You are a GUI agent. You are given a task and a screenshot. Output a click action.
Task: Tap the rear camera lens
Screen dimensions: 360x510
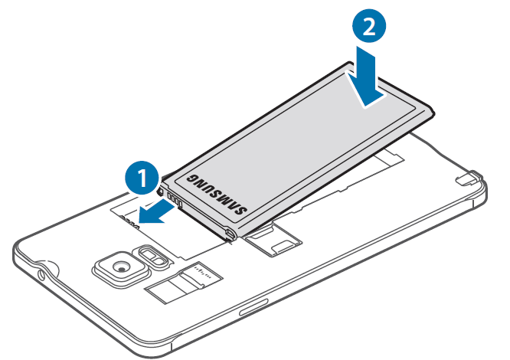[x=122, y=266]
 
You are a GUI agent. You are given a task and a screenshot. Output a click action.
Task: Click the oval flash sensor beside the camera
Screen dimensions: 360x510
[x=150, y=256]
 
